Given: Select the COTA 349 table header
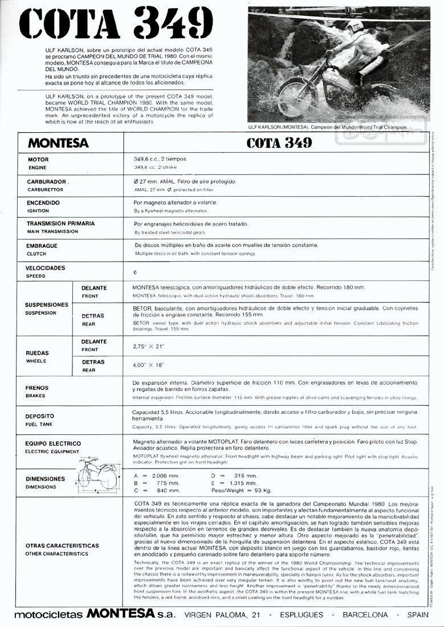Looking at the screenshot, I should coord(279,142).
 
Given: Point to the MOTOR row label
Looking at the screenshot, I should coord(38,160).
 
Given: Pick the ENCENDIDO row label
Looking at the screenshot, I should coord(43,202).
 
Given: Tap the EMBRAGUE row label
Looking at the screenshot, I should coord(42,246).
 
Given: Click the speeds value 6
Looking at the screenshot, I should coord(135,272).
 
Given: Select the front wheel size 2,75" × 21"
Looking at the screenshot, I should coord(148,346).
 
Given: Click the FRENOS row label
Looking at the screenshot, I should coord(37,388).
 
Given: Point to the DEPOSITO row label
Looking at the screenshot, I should coord(40,416).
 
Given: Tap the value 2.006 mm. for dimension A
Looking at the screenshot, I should coord(161,475).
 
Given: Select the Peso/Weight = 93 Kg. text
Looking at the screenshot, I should coord(241,490).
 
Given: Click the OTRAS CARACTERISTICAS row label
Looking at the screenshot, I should coord(62,545).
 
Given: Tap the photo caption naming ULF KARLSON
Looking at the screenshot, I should coord(328,127).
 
